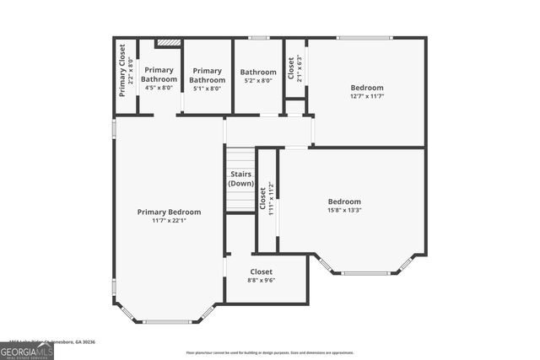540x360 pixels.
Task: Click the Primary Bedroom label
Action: pos(169,212)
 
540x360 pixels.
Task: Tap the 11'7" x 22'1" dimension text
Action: pos(169,221)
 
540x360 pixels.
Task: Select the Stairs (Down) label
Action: pos(241,179)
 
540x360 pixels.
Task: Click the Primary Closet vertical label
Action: pos(125,70)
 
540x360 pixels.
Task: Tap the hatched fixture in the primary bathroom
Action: pos(169,41)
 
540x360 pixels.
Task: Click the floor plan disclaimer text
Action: pos(270,352)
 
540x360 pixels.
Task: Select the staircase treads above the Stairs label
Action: pos(240,158)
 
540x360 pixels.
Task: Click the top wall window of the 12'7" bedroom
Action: pos(364,37)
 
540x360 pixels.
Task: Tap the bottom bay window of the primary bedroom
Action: pos(167,321)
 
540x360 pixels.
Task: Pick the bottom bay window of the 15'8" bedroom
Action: pos(365,273)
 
